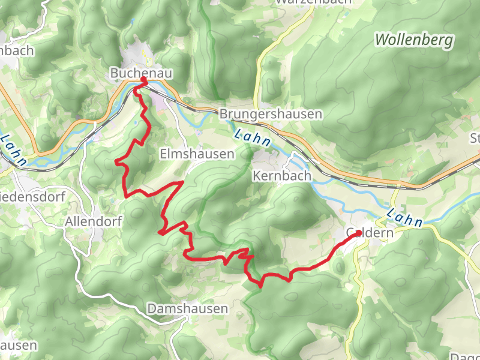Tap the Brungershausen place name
pyautogui.click(x=271, y=114)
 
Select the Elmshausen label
pyautogui.click(x=197, y=155)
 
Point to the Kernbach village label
pyautogui.click(x=282, y=176)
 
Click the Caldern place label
pyautogui.click(x=370, y=233)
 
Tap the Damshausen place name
pyautogui.click(x=188, y=309)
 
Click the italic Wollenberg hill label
pyautogui.click(x=414, y=40)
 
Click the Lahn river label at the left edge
pyautogui.click(x=13, y=150)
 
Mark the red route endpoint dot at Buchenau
pyautogui.click(x=144, y=80)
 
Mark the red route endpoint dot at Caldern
pyautogui.click(x=359, y=232)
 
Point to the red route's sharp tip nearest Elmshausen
pyautogui.click(x=182, y=181)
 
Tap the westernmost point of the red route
pyautogui.click(x=116, y=161)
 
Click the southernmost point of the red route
pyautogui.click(x=260, y=286)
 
